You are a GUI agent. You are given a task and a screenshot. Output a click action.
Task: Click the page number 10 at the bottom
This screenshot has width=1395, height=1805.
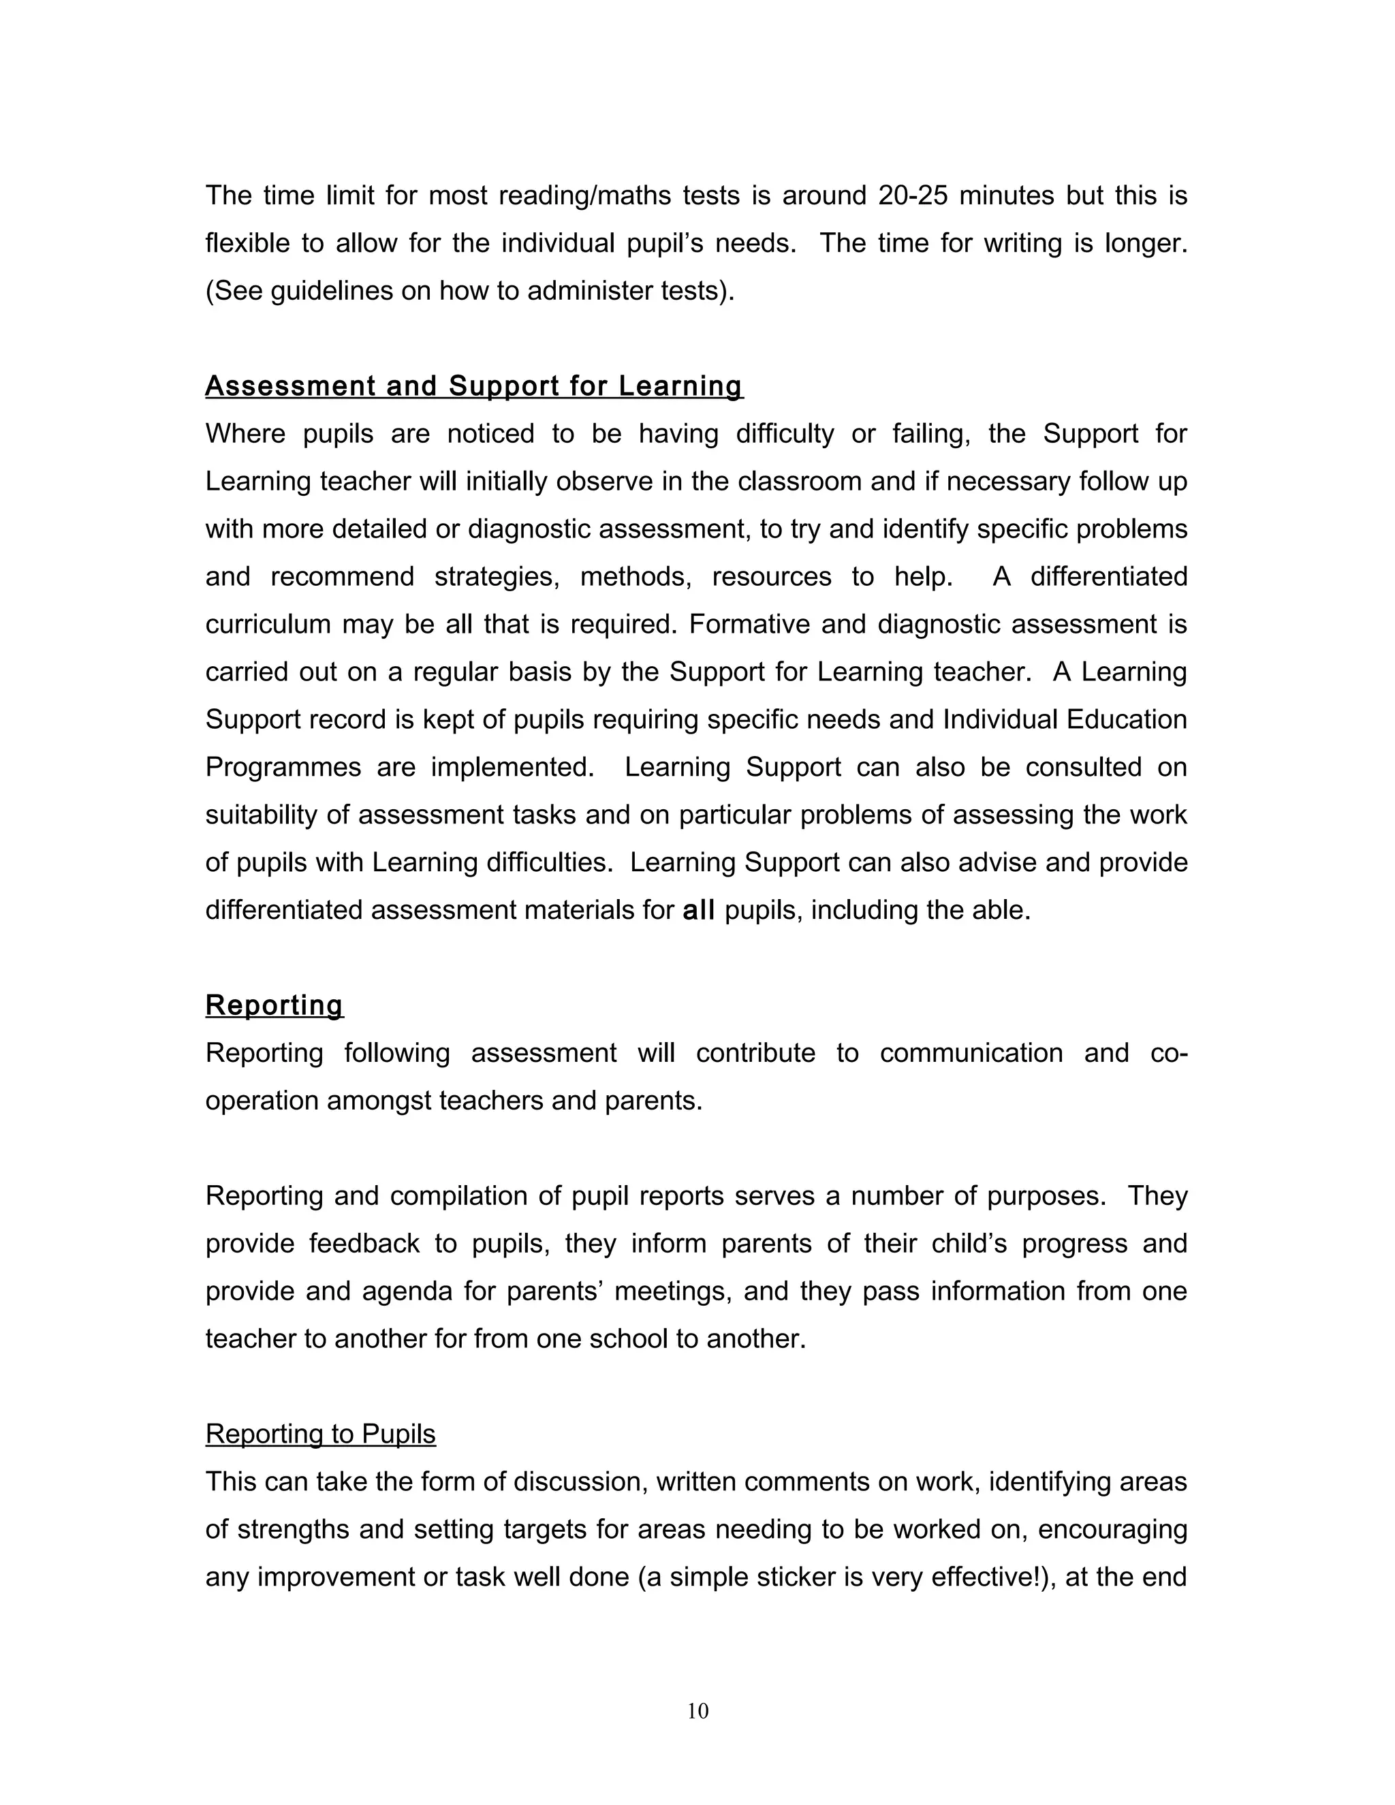697,1711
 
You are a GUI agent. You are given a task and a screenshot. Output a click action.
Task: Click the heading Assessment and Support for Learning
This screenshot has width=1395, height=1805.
473,386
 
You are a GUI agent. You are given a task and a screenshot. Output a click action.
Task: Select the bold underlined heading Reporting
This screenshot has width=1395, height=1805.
274,1005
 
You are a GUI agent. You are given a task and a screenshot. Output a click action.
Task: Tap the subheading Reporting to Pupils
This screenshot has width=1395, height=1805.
320,1434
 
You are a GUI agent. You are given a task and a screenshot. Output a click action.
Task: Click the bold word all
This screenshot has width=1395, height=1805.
698,910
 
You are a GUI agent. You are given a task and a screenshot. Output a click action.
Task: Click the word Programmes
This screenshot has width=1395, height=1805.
283,767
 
